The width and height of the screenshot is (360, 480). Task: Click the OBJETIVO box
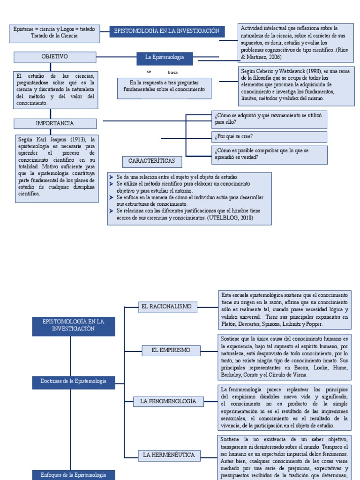point(55,57)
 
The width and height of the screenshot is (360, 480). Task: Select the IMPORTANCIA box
point(55,124)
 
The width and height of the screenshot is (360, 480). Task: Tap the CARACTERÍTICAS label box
point(152,161)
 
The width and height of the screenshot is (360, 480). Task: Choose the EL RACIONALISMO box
point(166,307)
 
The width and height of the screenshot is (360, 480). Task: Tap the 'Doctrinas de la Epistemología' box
point(74,382)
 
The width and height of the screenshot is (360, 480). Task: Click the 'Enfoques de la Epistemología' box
point(74,475)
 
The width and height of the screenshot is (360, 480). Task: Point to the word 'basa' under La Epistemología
point(172,73)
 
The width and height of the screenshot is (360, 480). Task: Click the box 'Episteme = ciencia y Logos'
point(54,33)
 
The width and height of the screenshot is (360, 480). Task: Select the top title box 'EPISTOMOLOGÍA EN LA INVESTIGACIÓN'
point(167,31)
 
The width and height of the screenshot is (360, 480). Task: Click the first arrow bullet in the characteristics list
point(112,177)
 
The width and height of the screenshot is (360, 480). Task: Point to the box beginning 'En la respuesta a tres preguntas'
point(164,86)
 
